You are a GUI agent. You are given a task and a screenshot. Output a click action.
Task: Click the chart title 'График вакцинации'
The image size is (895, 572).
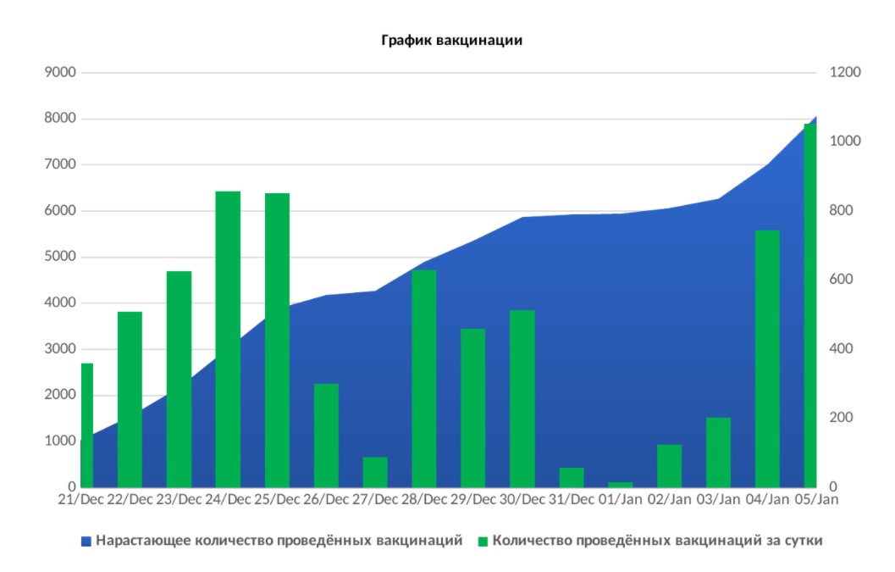(450, 40)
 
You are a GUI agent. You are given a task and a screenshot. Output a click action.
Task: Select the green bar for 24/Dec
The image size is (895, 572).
(228, 339)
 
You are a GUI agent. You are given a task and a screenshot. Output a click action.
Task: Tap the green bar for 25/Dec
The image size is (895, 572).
(277, 339)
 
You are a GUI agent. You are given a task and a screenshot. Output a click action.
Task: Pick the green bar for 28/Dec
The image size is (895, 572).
(424, 378)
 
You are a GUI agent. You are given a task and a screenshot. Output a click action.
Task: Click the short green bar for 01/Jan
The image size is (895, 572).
(620, 485)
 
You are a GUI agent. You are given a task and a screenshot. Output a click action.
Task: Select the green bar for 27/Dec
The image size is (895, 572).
(375, 472)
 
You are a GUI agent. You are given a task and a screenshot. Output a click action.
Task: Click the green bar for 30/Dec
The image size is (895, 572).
(522, 398)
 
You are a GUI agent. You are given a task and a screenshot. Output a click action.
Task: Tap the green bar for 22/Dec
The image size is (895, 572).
(130, 399)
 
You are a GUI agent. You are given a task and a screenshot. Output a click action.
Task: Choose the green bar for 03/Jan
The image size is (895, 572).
(718, 453)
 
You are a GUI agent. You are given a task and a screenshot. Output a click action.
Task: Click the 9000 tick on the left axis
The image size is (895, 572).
(61, 73)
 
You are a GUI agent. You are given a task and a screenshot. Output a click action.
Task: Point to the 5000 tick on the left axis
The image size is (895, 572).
(61, 257)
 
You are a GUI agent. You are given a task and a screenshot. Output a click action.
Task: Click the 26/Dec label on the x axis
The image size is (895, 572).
(326, 500)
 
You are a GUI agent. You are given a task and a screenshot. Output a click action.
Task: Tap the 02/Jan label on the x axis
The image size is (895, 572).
(669, 500)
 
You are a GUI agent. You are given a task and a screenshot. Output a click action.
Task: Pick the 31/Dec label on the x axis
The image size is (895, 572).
(571, 500)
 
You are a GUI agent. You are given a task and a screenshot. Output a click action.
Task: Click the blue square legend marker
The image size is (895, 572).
(86, 540)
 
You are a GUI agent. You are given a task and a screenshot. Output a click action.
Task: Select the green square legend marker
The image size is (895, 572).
(483, 540)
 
